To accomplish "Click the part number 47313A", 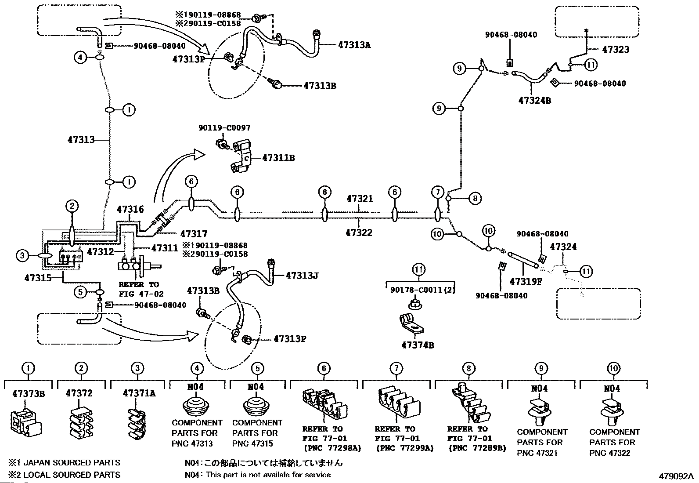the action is click(354, 45).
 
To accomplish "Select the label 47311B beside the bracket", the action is click(278, 158).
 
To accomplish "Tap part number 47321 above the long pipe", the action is click(360, 199).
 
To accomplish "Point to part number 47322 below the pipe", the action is click(359, 232).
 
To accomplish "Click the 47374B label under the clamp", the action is click(418, 345).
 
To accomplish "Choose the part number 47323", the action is click(616, 49).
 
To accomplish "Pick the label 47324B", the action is click(534, 100).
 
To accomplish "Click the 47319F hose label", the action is click(526, 281).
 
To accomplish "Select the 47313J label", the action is click(302, 275).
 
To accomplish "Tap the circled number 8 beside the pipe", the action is click(475, 198).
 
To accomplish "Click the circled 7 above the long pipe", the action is click(437, 192).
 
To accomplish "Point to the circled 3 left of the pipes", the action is click(22, 255).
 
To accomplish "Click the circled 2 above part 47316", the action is click(72, 206).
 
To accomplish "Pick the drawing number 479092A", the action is click(676, 476).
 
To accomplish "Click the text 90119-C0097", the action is click(224, 127).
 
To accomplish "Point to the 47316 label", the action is click(130, 209).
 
